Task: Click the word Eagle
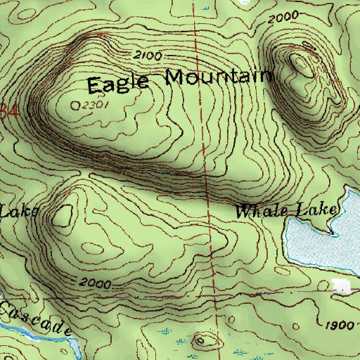coord(118,83)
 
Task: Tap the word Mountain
coord(218,77)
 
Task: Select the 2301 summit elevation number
coord(98,104)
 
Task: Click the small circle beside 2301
coord(77,105)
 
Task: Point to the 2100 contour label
coord(146,55)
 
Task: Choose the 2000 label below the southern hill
coord(95,283)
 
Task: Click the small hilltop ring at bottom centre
coord(205,340)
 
